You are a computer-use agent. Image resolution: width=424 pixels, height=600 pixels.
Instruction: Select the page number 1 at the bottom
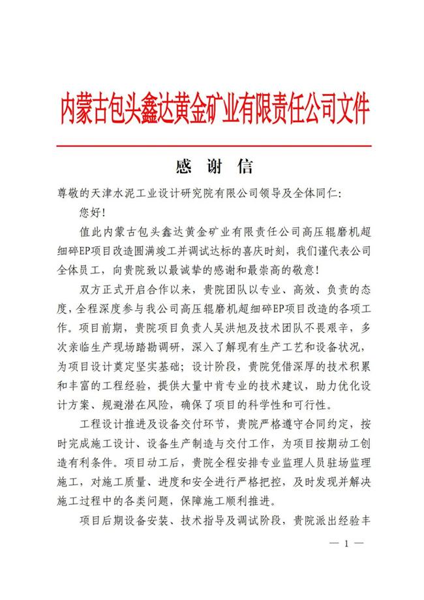click(x=347, y=543)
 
